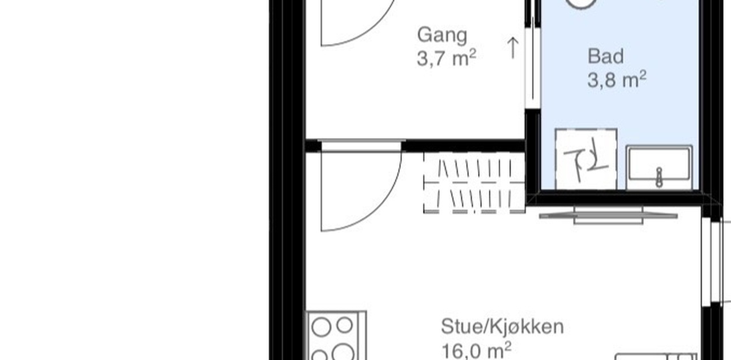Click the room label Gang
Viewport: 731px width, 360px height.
tap(442, 35)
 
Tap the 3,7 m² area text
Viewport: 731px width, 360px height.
tap(446, 58)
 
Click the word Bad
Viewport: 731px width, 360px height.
tap(605, 57)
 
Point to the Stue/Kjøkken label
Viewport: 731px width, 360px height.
tap(502, 327)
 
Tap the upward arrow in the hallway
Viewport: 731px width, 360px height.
tap(513, 48)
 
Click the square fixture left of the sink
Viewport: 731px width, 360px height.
tap(586, 158)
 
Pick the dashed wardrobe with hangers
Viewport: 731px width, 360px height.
tap(474, 184)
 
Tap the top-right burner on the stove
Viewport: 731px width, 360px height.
tap(344, 325)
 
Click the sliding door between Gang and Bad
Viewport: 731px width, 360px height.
tap(532, 63)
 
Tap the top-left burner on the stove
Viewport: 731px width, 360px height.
tap(321, 327)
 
